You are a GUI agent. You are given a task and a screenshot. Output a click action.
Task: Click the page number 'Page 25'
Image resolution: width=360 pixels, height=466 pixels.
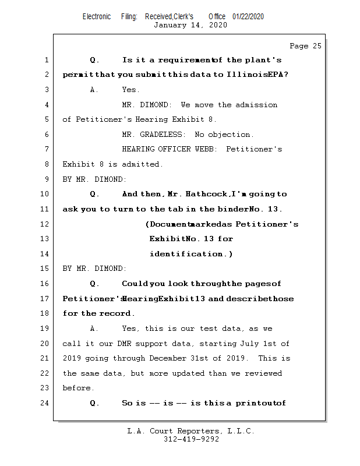click(x=305, y=46)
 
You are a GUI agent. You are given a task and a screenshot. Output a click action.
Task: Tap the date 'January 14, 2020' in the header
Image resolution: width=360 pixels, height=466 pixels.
click(x=190, y=25)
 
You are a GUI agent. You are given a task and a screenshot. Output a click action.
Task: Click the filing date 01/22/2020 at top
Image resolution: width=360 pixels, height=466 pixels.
click(x=248, y=16)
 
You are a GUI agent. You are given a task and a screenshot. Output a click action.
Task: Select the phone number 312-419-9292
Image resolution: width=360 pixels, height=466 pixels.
click(x=191, y=440)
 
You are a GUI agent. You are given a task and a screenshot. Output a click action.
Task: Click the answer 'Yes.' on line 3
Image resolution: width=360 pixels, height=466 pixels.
click(x=130, y=90)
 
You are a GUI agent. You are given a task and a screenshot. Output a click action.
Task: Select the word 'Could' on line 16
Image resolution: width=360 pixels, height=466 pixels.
click(x=135, y=284)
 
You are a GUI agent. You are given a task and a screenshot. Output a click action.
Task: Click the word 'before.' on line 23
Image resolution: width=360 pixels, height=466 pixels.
click(x=77, y=388)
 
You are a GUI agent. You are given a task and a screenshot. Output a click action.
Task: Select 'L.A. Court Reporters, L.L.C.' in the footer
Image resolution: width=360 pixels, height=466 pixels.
click(x=191, y=431)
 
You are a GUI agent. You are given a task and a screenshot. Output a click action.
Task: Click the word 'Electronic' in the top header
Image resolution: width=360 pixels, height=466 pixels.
click(x=97, y=16)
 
